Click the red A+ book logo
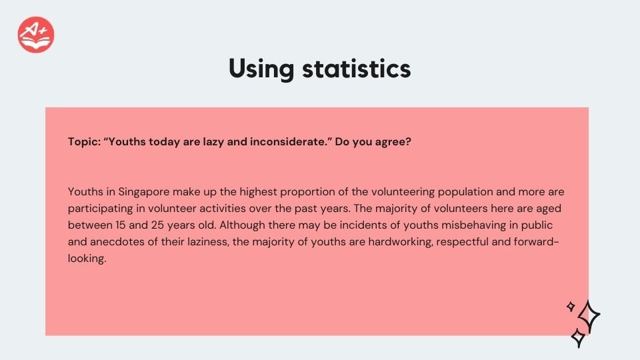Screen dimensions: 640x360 [36, 35]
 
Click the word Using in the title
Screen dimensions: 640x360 [261, 69]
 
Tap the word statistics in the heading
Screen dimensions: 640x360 [356, 69]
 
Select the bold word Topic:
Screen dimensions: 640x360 [84, 142]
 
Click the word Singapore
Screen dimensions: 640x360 [144, 192]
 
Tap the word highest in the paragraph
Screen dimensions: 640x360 [258, 192]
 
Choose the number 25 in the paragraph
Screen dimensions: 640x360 [157, 225]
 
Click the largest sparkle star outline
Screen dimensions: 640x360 [589, 316]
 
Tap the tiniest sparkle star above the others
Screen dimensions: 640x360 [571, 306]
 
